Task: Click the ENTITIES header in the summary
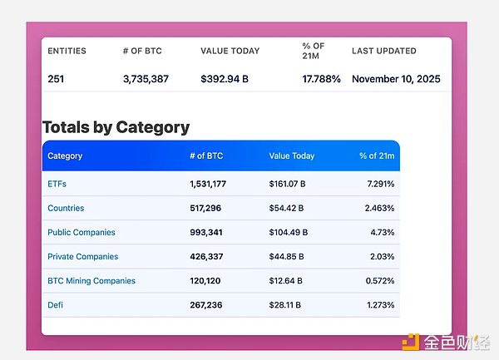click(67, 51)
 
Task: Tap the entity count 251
click(57, 79)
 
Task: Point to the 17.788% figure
click(321, 79)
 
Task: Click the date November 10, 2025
click(396, 79)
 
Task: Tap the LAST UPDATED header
click(384, 51)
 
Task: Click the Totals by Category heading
click(116, 127)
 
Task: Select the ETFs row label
click(57, 184)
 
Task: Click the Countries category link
click(66, 208)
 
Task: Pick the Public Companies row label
click(82, 232)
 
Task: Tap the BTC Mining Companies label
click(91, 281)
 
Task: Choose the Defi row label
click(55, 305)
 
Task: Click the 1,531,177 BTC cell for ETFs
click(208, 184)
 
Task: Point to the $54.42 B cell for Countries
click(286, 208)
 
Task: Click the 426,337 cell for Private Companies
click(208, 257)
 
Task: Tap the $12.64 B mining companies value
click(286, 281)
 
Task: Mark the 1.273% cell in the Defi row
click(379, 305)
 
